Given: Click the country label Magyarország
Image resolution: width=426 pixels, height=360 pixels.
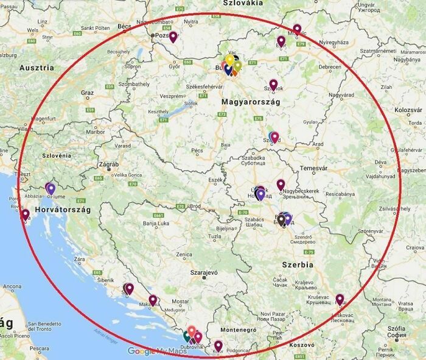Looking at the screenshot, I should pyautogui.click(x=251, y=102).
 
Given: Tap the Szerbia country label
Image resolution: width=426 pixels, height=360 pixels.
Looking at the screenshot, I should pyautogui.click(x=298, y=265).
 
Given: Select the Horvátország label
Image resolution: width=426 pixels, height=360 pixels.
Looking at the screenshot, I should pyautogui.click(x=63, y=210).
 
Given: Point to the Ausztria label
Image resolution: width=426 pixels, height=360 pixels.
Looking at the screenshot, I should pyautogui.click(x=37, y=68).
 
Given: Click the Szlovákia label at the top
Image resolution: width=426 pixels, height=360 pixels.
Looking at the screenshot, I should pyautogui.click(x=243, y=4).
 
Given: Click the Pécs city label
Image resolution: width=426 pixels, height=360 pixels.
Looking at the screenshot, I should pyautogui.click(x=197, y=150).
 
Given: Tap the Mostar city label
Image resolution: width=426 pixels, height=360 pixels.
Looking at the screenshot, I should pyautogui.click(x=181, y=302).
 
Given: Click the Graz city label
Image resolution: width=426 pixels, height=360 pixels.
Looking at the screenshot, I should pyautogui.click(x=87, y=93).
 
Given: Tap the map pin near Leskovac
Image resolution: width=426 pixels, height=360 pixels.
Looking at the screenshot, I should pyautogui.click(x=340, y=299).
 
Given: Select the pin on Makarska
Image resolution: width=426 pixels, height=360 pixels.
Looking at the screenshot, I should pyautogui.click(x=153, y=300).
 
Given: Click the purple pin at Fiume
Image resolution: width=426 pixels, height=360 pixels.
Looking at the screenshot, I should pyautogui.click(x=51, y=188).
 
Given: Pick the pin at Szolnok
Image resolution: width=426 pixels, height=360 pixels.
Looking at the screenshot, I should pyautogui.click(x=274, y=85).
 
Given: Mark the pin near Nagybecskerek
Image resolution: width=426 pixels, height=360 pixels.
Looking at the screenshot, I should pyautogui.click(x=281, y=184).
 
